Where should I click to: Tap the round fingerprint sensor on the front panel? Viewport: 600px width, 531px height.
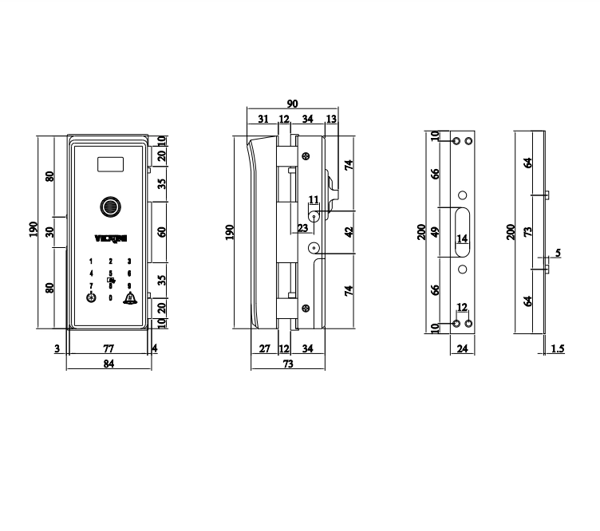point(109,207)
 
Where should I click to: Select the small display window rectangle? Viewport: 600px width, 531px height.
point(111,167)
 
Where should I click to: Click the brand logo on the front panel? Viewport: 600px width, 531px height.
point(109,238)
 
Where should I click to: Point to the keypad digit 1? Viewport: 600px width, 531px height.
point(91,262)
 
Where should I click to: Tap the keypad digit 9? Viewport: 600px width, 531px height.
point(128,285)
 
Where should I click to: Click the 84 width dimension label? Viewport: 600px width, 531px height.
point(109,364)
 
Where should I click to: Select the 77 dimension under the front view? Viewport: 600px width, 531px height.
point(109,348)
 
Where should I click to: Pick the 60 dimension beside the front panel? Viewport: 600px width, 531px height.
point(162,232)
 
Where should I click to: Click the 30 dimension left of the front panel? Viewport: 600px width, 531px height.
point(50,232)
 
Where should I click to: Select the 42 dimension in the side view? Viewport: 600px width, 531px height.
point(349,232)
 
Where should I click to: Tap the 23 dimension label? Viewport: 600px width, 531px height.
point(302,227)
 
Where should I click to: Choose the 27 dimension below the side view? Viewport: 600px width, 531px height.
point(265,348)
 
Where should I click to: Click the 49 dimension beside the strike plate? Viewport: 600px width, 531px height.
point(436,232)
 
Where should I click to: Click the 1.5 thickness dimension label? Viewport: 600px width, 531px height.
point(558,349)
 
